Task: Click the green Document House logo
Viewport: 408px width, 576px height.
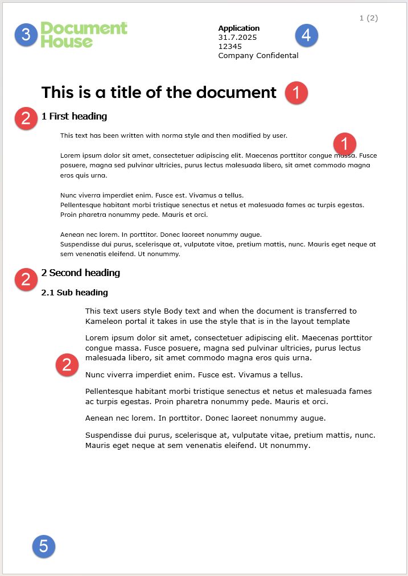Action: coord(84,35)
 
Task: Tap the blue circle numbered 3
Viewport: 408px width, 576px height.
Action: coord(26,35)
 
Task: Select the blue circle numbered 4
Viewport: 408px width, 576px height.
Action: coord(306,35)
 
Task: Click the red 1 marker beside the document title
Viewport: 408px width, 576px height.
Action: coord(296,92)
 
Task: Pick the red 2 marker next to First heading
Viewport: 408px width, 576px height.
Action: coord(26,118)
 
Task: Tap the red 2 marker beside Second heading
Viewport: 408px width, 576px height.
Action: coord(26,279)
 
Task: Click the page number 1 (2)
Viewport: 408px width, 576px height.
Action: coord(368,18)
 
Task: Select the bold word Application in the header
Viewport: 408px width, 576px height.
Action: coord(238,28)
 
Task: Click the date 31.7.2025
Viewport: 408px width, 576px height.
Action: coord(237,38)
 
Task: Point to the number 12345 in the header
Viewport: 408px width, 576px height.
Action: coord(230,47)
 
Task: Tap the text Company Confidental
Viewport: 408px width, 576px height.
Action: coord(258,56)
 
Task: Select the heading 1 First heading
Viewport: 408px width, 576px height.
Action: coord(74,117)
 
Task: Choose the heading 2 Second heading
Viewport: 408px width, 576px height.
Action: coord(80,273)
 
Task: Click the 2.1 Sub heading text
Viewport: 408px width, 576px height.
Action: coord(75,293)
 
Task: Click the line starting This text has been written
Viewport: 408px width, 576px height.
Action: coord(174,135)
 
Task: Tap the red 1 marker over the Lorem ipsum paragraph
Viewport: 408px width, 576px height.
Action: coord(344,143)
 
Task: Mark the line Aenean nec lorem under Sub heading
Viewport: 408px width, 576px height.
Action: coord(205,418)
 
